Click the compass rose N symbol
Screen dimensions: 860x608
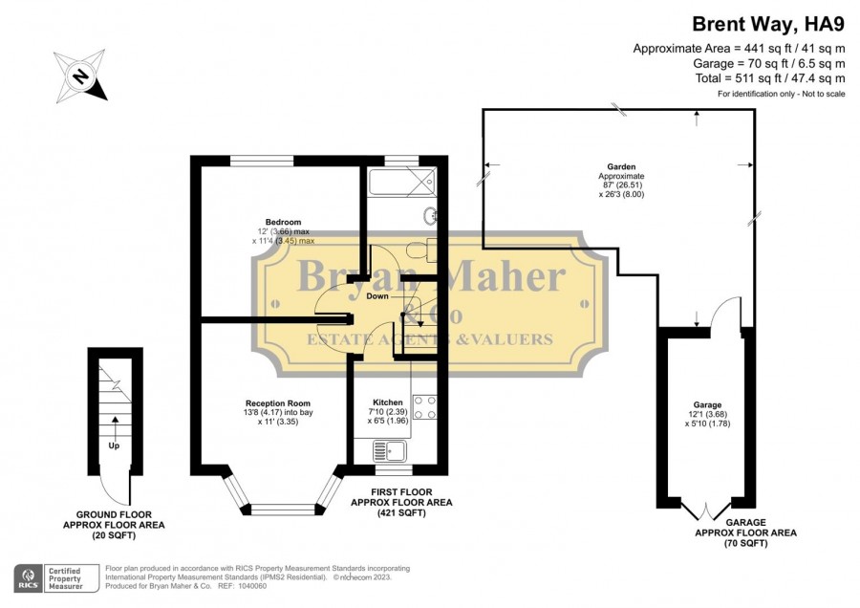(x=80, y=76)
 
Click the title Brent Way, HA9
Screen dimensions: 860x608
(x=768, y=25)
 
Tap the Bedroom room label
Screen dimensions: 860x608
(x=283, y=222)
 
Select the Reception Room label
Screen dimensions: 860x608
(x=277, y=403)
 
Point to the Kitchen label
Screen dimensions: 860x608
(x=388, y=402)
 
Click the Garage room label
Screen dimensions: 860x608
(x=707, y=405)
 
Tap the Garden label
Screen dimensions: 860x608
(x=621, y=166)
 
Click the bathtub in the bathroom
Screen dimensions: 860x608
(x=402, y=183)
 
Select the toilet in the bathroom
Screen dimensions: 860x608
(x=421, y=250)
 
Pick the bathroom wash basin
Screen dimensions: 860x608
(x=430, y=216)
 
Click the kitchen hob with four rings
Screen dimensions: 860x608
(x=424, y=407)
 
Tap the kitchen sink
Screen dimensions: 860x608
(x=390, y=451)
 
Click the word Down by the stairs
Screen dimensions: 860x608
(x=377, y=296)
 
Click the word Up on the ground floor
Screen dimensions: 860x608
(x=114, y=445)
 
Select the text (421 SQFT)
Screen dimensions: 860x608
(x=401, y=513)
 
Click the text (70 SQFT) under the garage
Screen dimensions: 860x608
(x=745, y=543)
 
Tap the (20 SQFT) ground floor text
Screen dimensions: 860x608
(x=114, y=535)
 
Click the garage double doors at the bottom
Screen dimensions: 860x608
(x=706, y=510)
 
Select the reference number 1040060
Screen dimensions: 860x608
(x=252, y=586)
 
